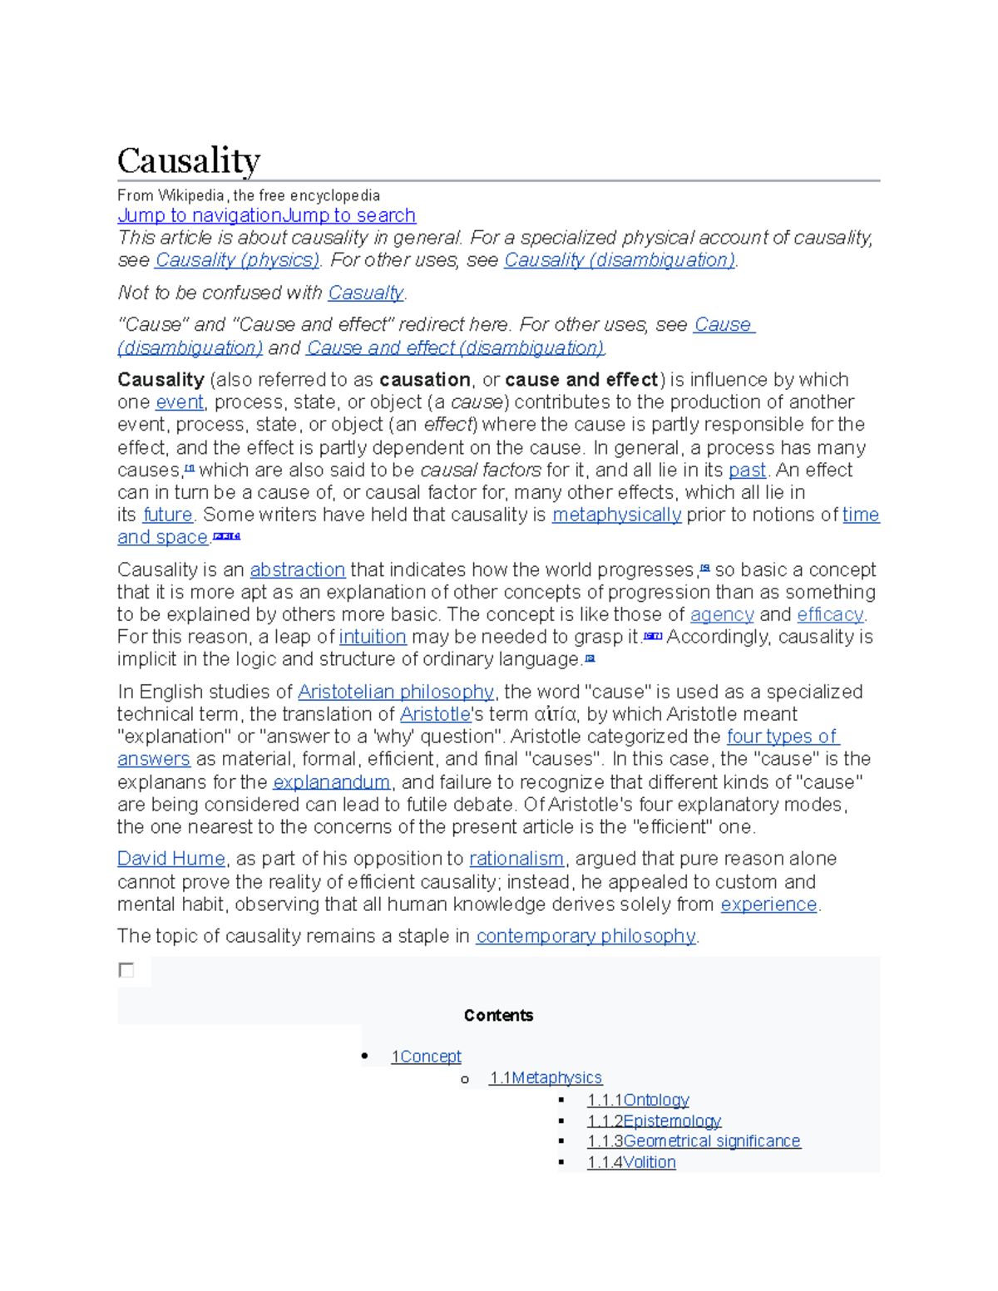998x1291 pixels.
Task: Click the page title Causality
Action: point(189,160)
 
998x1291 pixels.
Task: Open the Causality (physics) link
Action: point(237,260)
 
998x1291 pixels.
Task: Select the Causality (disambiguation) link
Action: point(620,260)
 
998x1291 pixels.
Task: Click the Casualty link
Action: point(366,293)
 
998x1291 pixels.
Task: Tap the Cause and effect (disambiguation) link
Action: point(455,347)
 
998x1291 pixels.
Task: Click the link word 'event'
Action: point(180,402)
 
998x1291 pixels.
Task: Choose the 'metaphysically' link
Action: point(616,515)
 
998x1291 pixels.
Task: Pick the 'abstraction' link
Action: point(297,570)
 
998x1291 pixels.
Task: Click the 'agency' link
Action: point(722,615)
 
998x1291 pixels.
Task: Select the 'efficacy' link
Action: point(830,615)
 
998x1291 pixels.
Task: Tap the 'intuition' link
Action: point(373,638)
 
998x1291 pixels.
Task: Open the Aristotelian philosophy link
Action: point(396,692)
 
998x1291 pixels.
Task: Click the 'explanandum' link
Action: point(331,783)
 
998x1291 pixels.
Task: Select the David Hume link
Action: point(171,859)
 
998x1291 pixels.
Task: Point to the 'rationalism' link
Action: point(516,859)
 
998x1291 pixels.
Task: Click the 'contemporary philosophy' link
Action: point(585,936)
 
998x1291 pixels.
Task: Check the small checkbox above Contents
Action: point(126,970)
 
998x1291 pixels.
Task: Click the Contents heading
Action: point(498,1016)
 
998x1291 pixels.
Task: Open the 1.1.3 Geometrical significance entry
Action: point(694,1141)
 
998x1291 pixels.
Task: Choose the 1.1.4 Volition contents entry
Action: point(631,1162)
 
